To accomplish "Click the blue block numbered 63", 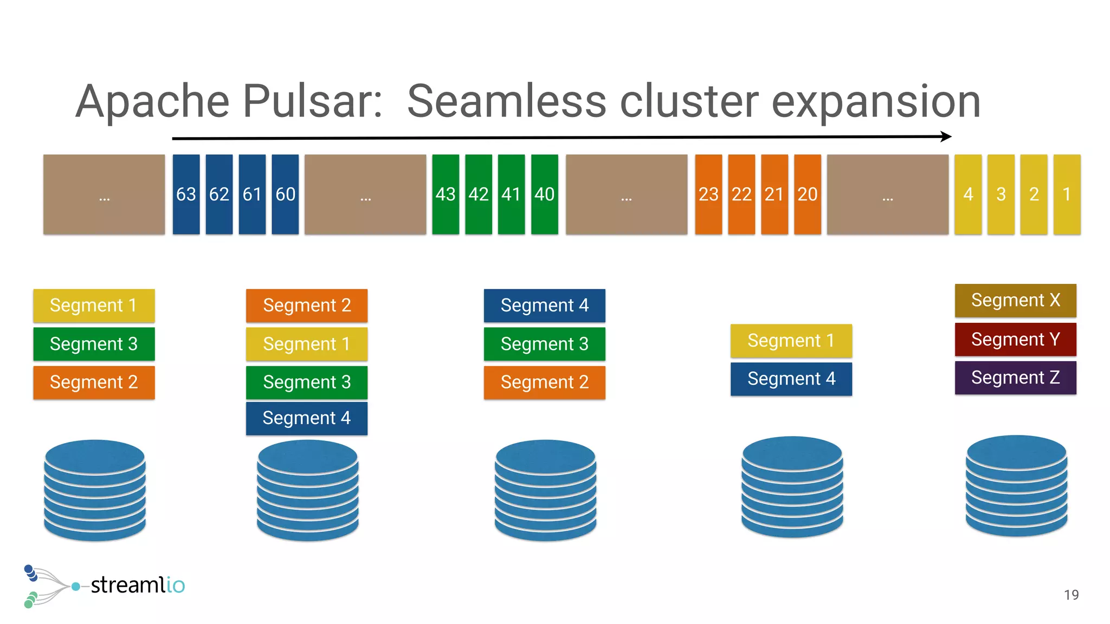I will click(x=186, y=194).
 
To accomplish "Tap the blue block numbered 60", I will click(x=285, y=194).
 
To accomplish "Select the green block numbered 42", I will click(x=479, y=194).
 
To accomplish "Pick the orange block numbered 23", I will click(x=708, y=194).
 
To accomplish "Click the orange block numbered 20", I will click(x=808, y=194).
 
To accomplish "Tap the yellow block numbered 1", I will click(x=1067, y=194).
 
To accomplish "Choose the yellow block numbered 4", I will click(x=968, y=194).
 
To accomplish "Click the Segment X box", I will click(x=1015, y=300).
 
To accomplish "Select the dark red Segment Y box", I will click(x=1015, y=339).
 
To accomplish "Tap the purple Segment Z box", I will click(x=1015, y=378).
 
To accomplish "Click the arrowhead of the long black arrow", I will click(x=946, y=136).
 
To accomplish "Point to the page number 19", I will click(x=1071, y=595).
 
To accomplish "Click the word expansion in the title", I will click(x=876, y=101).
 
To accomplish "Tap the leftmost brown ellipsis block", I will click(x=104, y=194).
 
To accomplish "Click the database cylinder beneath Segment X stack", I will click(x=1016, y=486).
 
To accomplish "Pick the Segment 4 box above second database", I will click(x=307, y=418).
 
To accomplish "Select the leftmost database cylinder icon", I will click(x=95, y=490).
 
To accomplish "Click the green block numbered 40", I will click(x=544, y=194).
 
